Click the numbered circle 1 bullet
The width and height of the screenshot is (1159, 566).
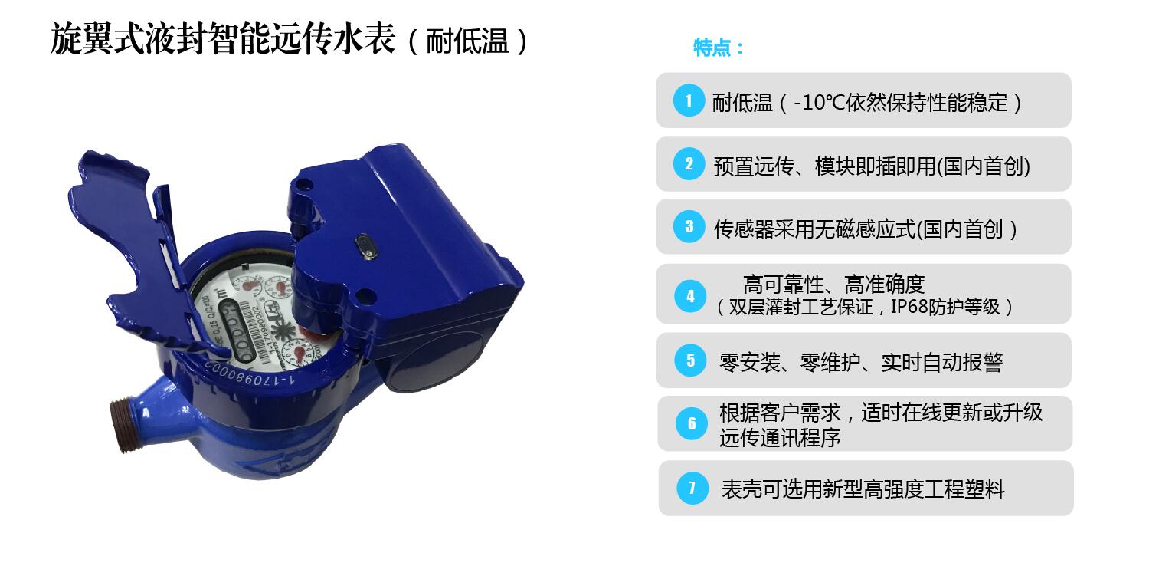click(x=689, y=100)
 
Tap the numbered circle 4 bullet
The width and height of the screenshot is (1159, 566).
click(x=690, y=296)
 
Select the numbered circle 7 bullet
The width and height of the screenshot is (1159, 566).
click(x=692, y=488)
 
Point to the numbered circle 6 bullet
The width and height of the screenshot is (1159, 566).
click(x=692, y=424)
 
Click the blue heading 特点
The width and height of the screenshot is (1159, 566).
click(x=718, y=48)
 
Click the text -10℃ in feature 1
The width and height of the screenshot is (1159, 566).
click(x=818, y=102)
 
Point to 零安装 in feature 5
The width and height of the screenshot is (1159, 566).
click(x=749, y=362)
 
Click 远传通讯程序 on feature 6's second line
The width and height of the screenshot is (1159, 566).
click(x=780, y=438)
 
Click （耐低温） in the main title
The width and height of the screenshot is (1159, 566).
click(x=467, y=41)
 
